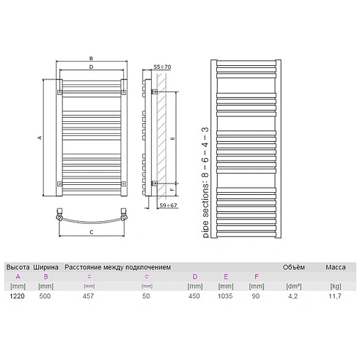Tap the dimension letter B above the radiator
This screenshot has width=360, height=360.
[91, 59]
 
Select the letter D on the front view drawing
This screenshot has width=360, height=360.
[91, 67]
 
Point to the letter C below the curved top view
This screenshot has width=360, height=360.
[91, 231]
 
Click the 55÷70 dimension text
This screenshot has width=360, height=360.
[162, 67]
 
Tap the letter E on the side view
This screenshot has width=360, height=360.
[172, 140]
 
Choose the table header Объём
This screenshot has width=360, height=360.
[293, 266]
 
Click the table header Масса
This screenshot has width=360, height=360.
[336, 266]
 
